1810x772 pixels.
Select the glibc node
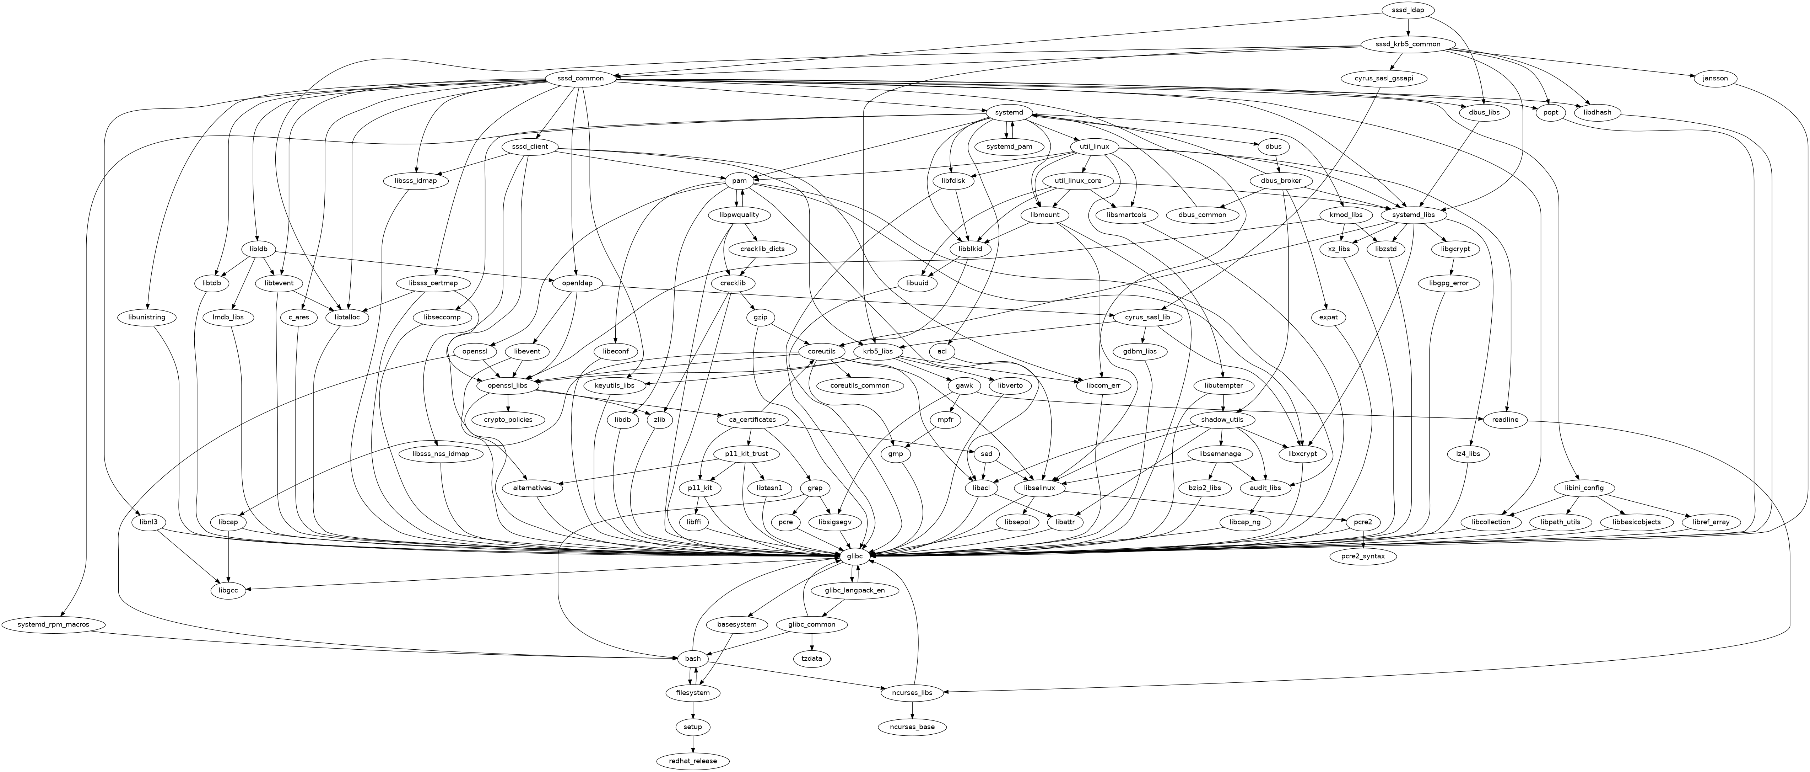coord(854,556)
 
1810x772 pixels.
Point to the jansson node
coord(1714,78)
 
